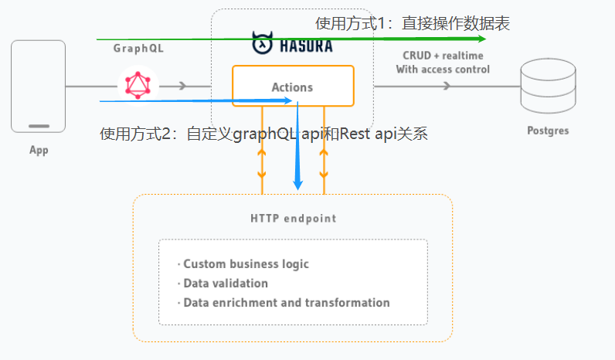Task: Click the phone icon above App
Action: pyautogui.click(x=39, y=86)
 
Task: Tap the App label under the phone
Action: pyautogui.click(x=39, y=150)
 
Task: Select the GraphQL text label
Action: pyautogui.click(x=138, y=48)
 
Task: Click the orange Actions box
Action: pyautogui.click(x=293, y=86)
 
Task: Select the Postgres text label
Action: pyautogui.click(x=548, y=131)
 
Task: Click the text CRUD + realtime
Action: pyautogui.click(x=443, y=56)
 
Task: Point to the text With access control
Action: pyautogui.click(x=443, y=70)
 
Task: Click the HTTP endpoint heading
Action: pyautogui.click(x=293, y=218)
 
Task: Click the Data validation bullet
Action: pyautogui.click(x=226, y=284)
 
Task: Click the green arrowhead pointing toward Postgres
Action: pyautogui.click(x=481, y=37)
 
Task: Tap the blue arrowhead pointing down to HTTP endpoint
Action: pyautogui.click(x=298, y=183)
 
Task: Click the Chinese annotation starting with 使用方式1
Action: pyautogui.click(x=413, y=23)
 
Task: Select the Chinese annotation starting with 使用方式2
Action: pyautogui.click(x=263, y=134)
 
